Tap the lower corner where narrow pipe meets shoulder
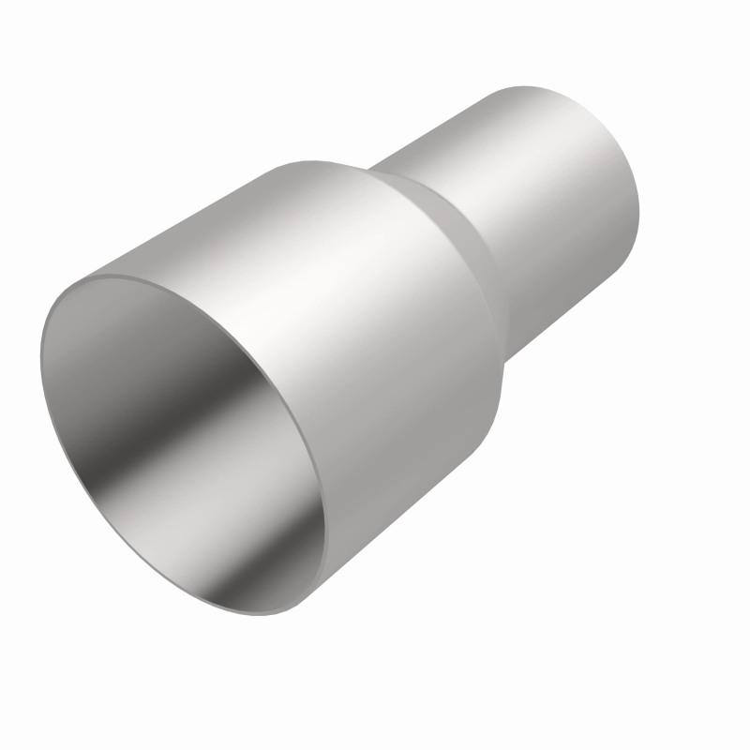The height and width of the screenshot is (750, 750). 506,361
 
